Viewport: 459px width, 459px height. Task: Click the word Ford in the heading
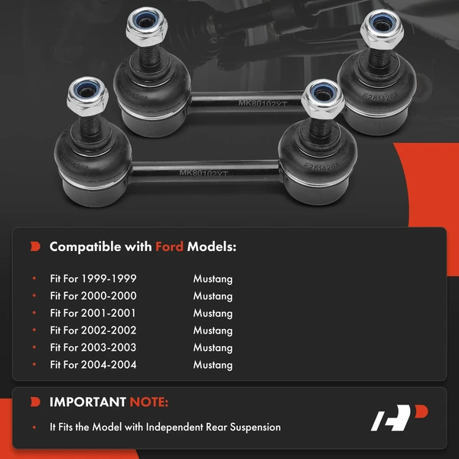pos(170,247)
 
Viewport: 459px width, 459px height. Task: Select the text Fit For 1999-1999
pos(93,279)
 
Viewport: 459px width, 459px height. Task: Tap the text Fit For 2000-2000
pos(93,296)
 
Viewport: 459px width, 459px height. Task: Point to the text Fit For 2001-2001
pos(93,314)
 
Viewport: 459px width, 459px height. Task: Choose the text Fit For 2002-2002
pos(93,330)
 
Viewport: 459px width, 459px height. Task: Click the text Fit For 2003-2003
pos(93,347)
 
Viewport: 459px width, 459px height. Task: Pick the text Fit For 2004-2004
pos(93,365)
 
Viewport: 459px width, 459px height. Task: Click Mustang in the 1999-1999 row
pos(213,279)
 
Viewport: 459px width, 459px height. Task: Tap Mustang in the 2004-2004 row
pos(213,365)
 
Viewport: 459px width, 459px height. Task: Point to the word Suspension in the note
pos(255,427)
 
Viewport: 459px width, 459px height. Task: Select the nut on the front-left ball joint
pos(79,94)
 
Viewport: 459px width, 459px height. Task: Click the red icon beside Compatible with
pos(35,247)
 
